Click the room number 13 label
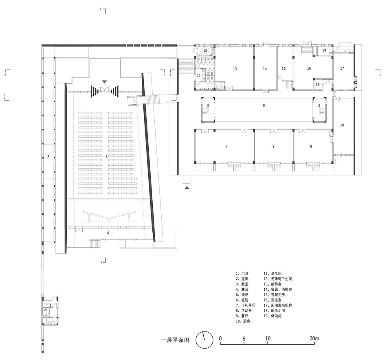(235, 69)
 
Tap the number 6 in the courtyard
(264, 105)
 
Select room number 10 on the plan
(342, 125)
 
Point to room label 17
(342, 68)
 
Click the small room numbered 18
(318, 84)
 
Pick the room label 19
(324, 50)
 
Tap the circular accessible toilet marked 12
(205, 50)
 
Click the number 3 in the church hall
(106, 156)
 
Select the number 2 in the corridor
(48, 156)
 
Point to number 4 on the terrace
(108, 233)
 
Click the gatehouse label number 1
(51, 305)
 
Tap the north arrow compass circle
(204, 340)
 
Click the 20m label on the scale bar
(314, 338)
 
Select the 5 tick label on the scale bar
(244, 338)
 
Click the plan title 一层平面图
(175, 340)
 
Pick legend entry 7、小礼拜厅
(246, 305)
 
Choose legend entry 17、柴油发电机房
(278, 305)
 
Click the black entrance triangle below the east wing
(187, 188)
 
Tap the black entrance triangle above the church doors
(105, 82)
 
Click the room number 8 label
(274, 146)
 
